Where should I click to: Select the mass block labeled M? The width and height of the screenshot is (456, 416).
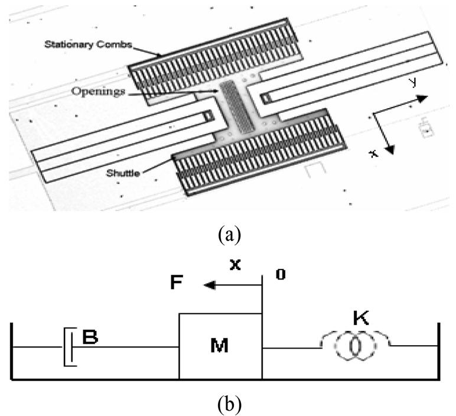(x=220, y=346)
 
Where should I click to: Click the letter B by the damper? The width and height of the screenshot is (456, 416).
(x=90, y=339)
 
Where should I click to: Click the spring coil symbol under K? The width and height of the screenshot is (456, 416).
(x=353, y=347)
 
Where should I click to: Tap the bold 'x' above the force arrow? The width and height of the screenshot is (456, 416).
(x=235, y=265)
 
